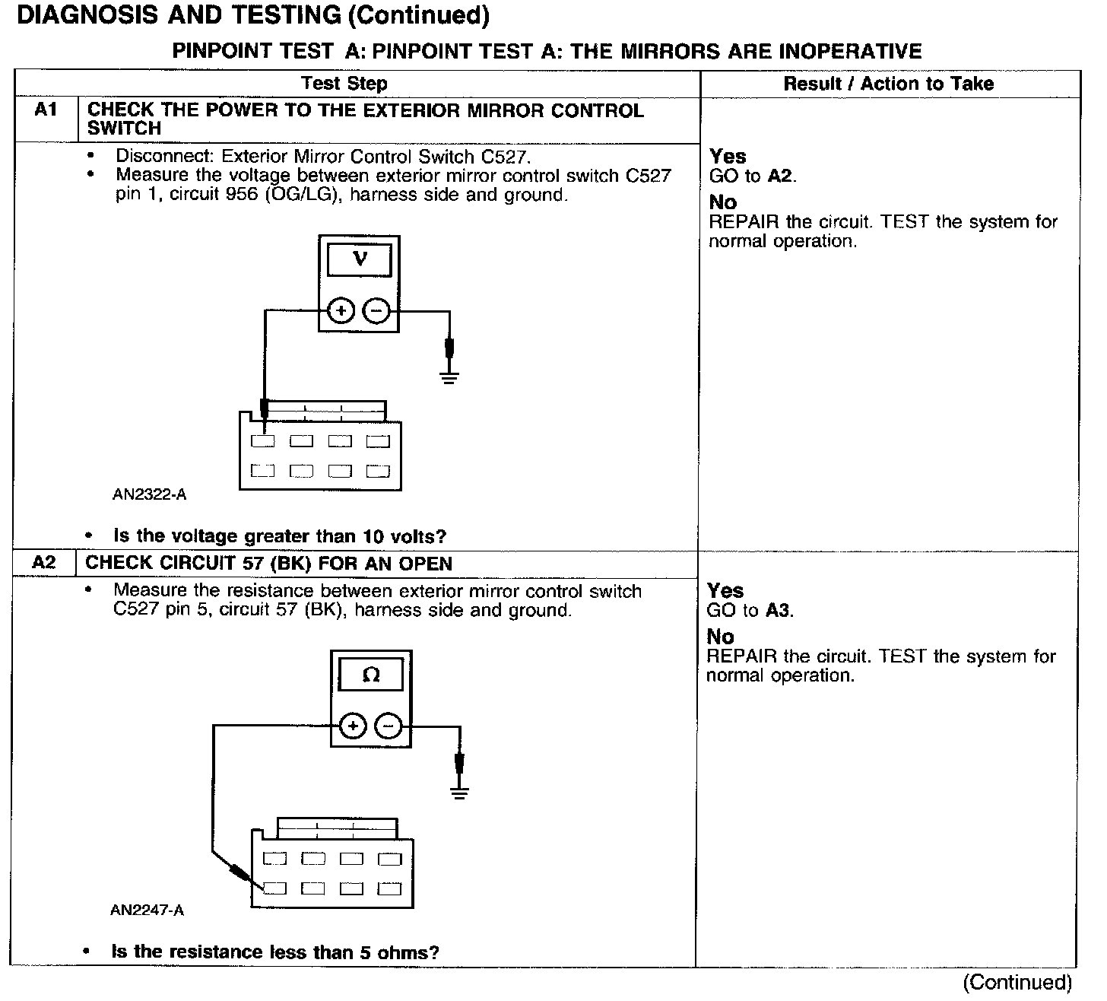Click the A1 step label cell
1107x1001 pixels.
[46, 111]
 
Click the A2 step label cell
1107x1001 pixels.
[44, 563]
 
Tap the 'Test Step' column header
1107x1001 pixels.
[344, 84]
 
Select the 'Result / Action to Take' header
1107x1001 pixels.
[888, 84]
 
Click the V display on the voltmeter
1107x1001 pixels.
[360, 259]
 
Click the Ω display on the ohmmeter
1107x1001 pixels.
[371, 675]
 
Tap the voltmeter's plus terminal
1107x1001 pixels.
[341, 310]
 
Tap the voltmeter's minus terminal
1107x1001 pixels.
[376, 310]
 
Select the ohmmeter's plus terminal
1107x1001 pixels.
[352, 726]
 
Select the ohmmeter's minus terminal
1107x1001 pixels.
[389, 726]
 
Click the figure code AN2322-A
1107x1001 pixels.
[149, 494]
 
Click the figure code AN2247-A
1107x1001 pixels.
[147, 910]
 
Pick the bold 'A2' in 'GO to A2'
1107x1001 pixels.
[780, 176]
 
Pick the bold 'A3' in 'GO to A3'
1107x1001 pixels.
[778, 611]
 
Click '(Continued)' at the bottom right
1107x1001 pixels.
[1017, 982]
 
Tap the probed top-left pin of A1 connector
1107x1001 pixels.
[263, 441]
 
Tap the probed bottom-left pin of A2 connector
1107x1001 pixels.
[275, 888]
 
